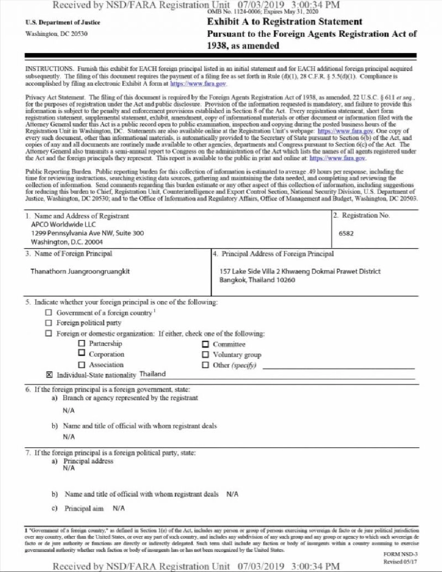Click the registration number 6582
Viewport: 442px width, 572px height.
point(346,233)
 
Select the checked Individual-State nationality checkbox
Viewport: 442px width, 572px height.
point(49,375)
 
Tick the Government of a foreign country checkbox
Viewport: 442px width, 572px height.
point(49,312)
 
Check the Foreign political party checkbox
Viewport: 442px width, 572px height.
point(49,323)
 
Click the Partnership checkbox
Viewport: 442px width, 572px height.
point(81,343)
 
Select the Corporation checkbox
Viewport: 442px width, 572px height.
point(81,353)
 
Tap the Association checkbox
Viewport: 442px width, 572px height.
point(81,364)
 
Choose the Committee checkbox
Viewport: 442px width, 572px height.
point(205,344)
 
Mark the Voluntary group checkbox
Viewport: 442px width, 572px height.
point(205,354)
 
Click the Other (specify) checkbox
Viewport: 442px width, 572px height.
point(205,365)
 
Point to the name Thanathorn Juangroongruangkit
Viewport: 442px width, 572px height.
point(80,272)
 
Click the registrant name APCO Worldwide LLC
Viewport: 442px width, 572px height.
point(64,225)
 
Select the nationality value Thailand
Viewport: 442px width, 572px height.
point(152,374)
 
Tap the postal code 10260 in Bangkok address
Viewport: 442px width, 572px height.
point(285,280)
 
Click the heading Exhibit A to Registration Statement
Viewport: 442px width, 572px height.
point(285,22)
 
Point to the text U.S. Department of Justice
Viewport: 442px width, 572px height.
point(63,22)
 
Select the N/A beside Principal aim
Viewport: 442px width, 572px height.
point(118,508)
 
